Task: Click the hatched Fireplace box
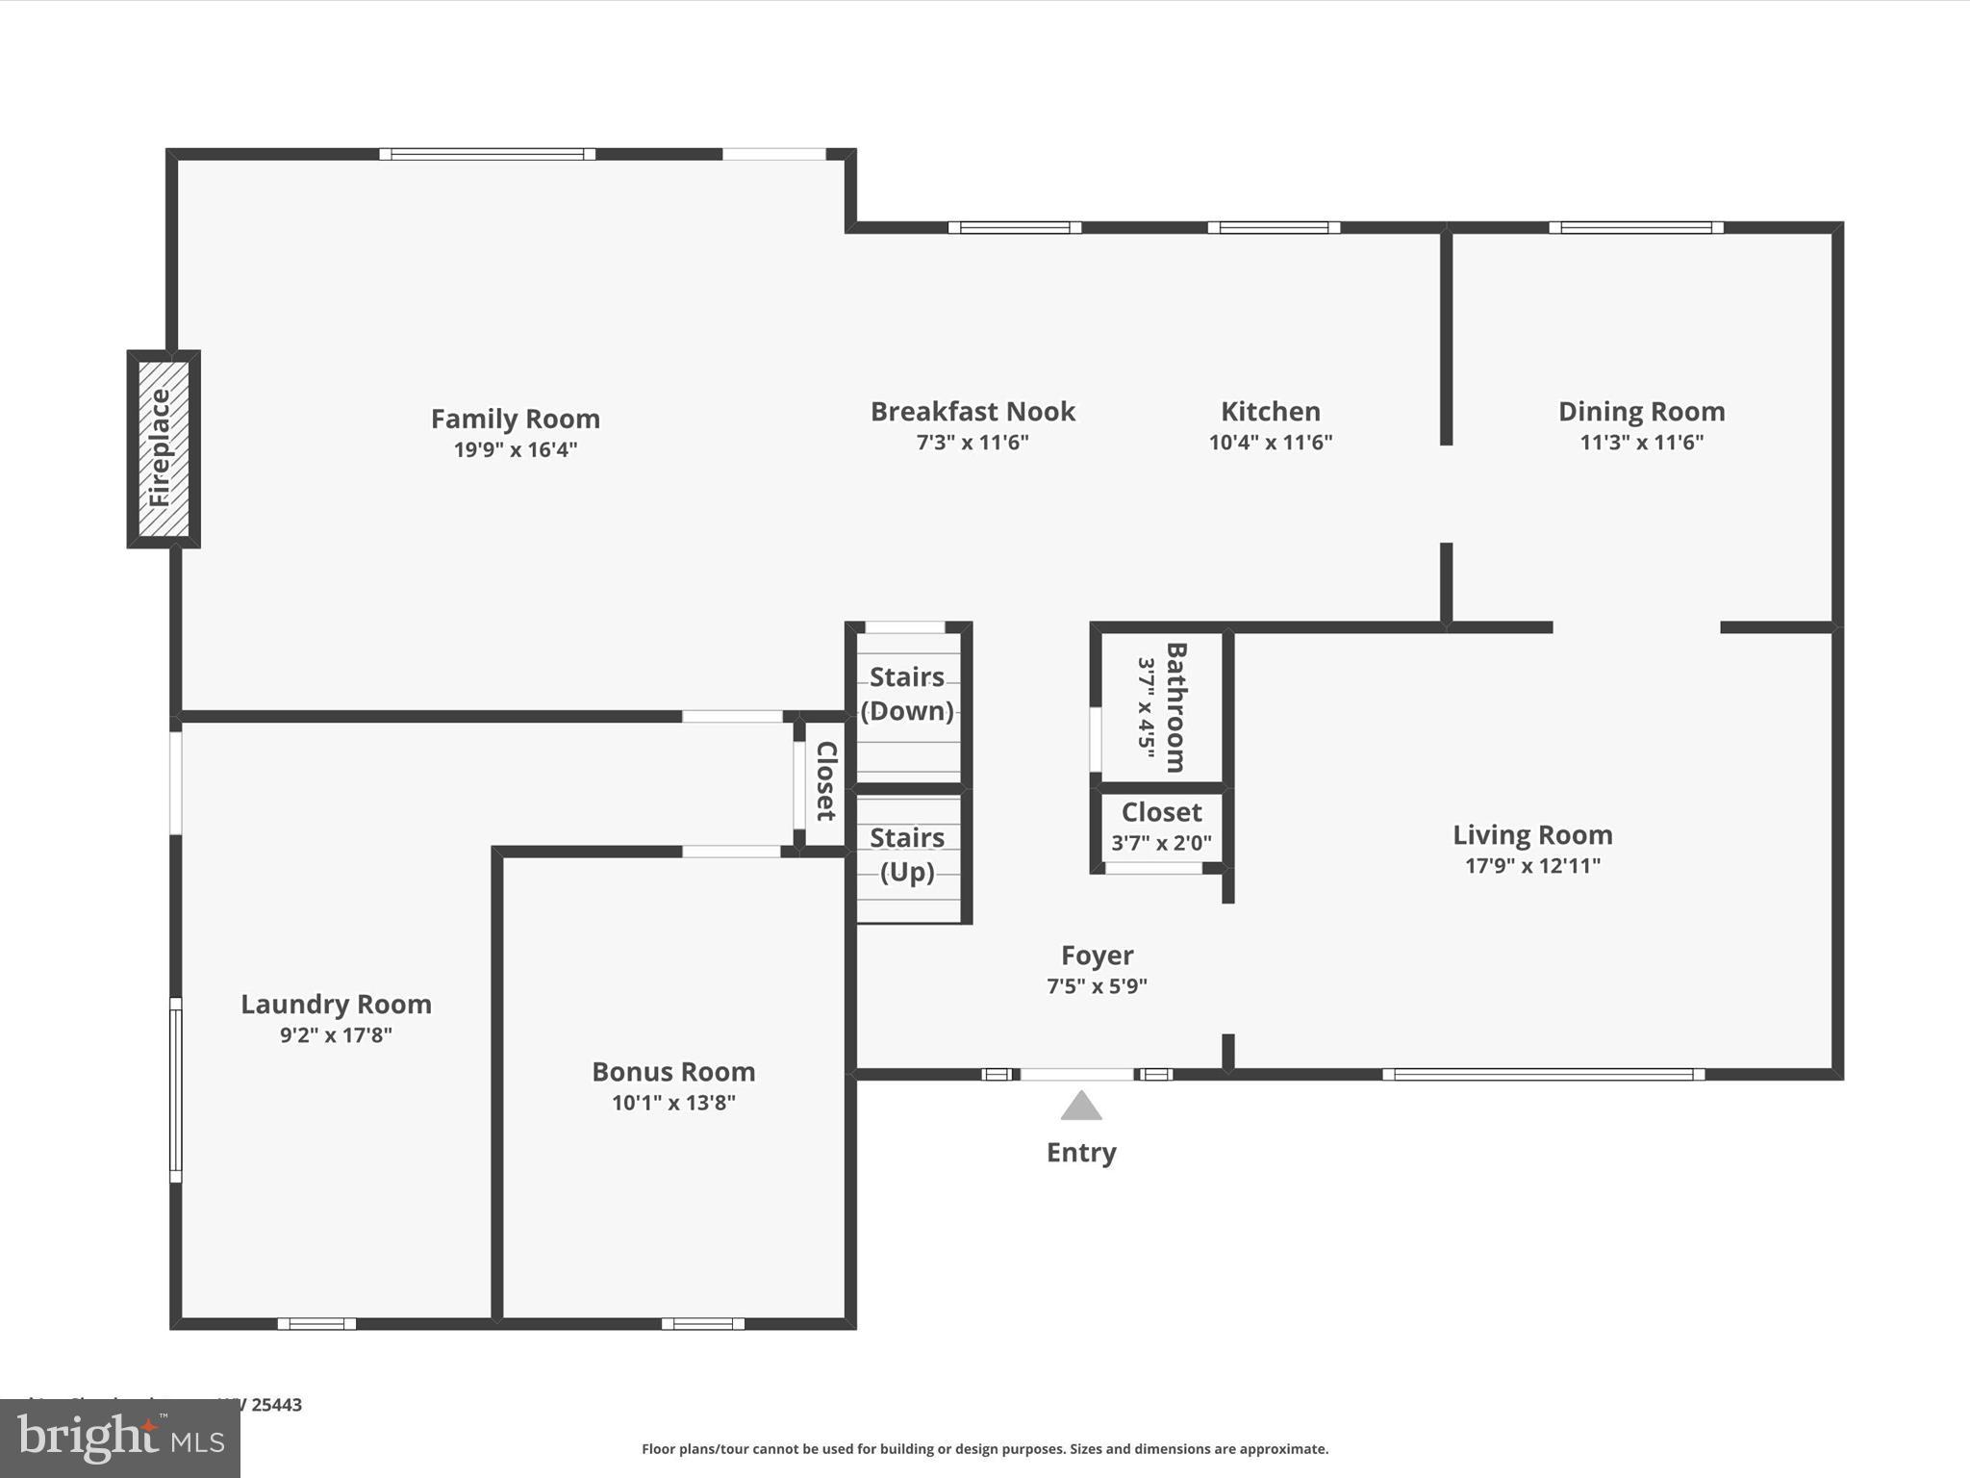164,449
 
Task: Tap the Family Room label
516,419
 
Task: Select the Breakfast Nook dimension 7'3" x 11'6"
972,443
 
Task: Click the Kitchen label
1270,412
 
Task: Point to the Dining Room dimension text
1641,443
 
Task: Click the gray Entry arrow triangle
1081,1107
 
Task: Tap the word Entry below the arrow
1081,1152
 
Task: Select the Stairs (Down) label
907,694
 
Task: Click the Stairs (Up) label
907,854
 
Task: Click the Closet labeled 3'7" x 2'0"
1161,827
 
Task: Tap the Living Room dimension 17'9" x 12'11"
1532,865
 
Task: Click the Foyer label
1097,955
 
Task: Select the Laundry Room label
336,1004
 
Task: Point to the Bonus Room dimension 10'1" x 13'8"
673,1103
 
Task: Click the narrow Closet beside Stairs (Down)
825,780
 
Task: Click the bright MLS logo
120,1438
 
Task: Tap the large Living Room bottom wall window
1543,1074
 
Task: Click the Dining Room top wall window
1635,228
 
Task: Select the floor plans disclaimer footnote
985,1448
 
